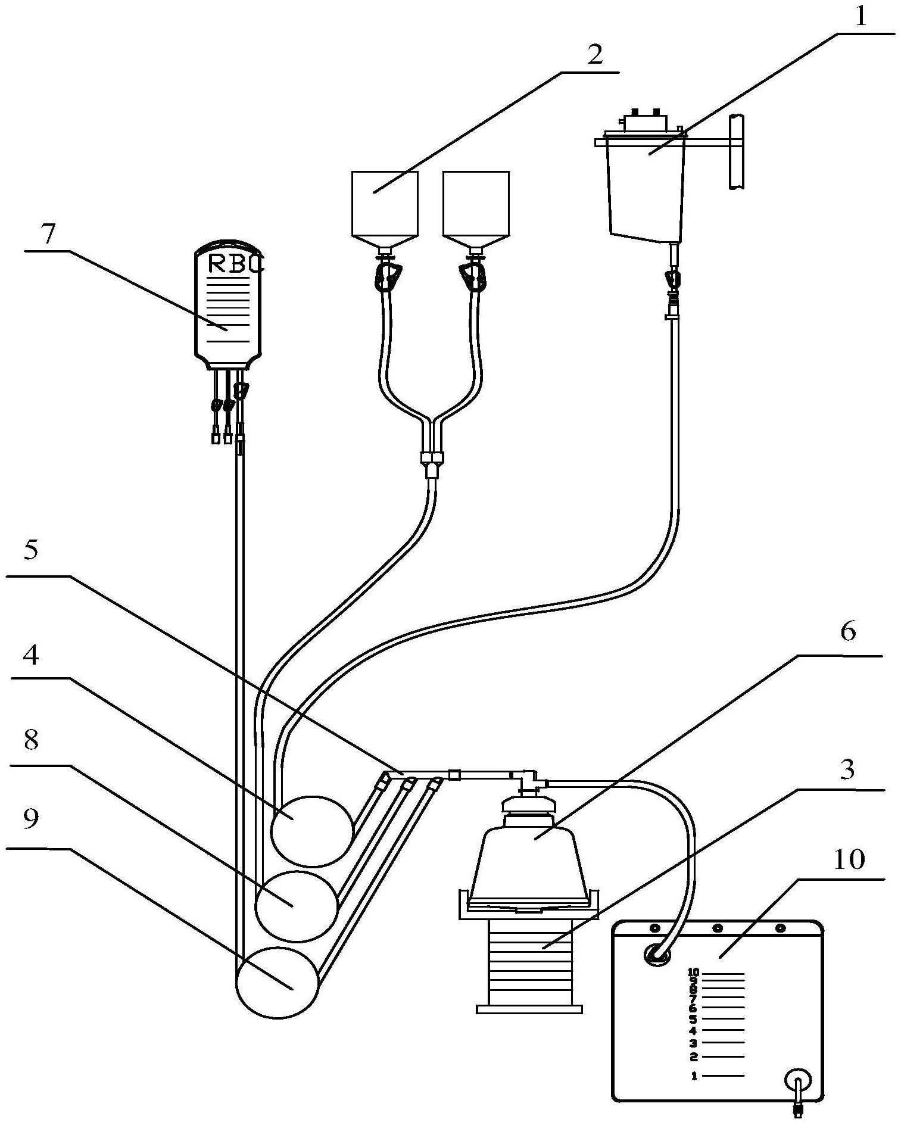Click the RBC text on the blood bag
pyautogui.click(x=235, y=264)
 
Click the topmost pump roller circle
pyautogui.click(x=312, y=830)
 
